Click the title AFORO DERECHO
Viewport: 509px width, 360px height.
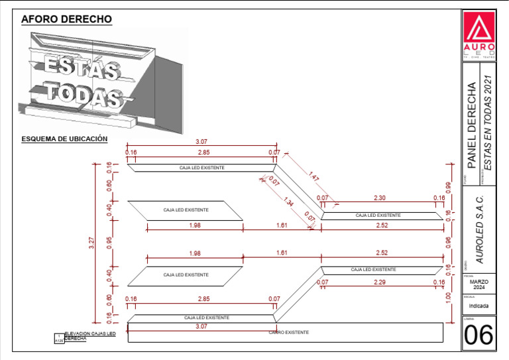point(66,20)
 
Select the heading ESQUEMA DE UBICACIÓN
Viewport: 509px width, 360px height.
point(64,139)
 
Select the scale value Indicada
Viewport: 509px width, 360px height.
point(479,306)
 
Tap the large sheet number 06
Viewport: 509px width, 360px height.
point(479,335)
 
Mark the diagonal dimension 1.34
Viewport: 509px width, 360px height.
point(289,202)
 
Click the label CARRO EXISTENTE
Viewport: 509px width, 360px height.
point(289,331)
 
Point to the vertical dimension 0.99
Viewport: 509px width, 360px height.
point(449,188)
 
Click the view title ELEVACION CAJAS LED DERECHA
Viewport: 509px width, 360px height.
point(89,336)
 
